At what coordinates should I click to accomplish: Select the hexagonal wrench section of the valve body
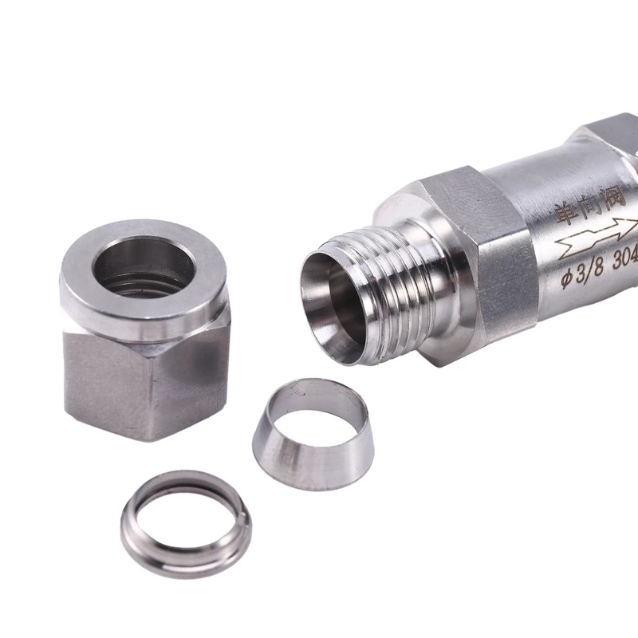coord(471,255)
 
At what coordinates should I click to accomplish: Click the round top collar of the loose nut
coord(144,295)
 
